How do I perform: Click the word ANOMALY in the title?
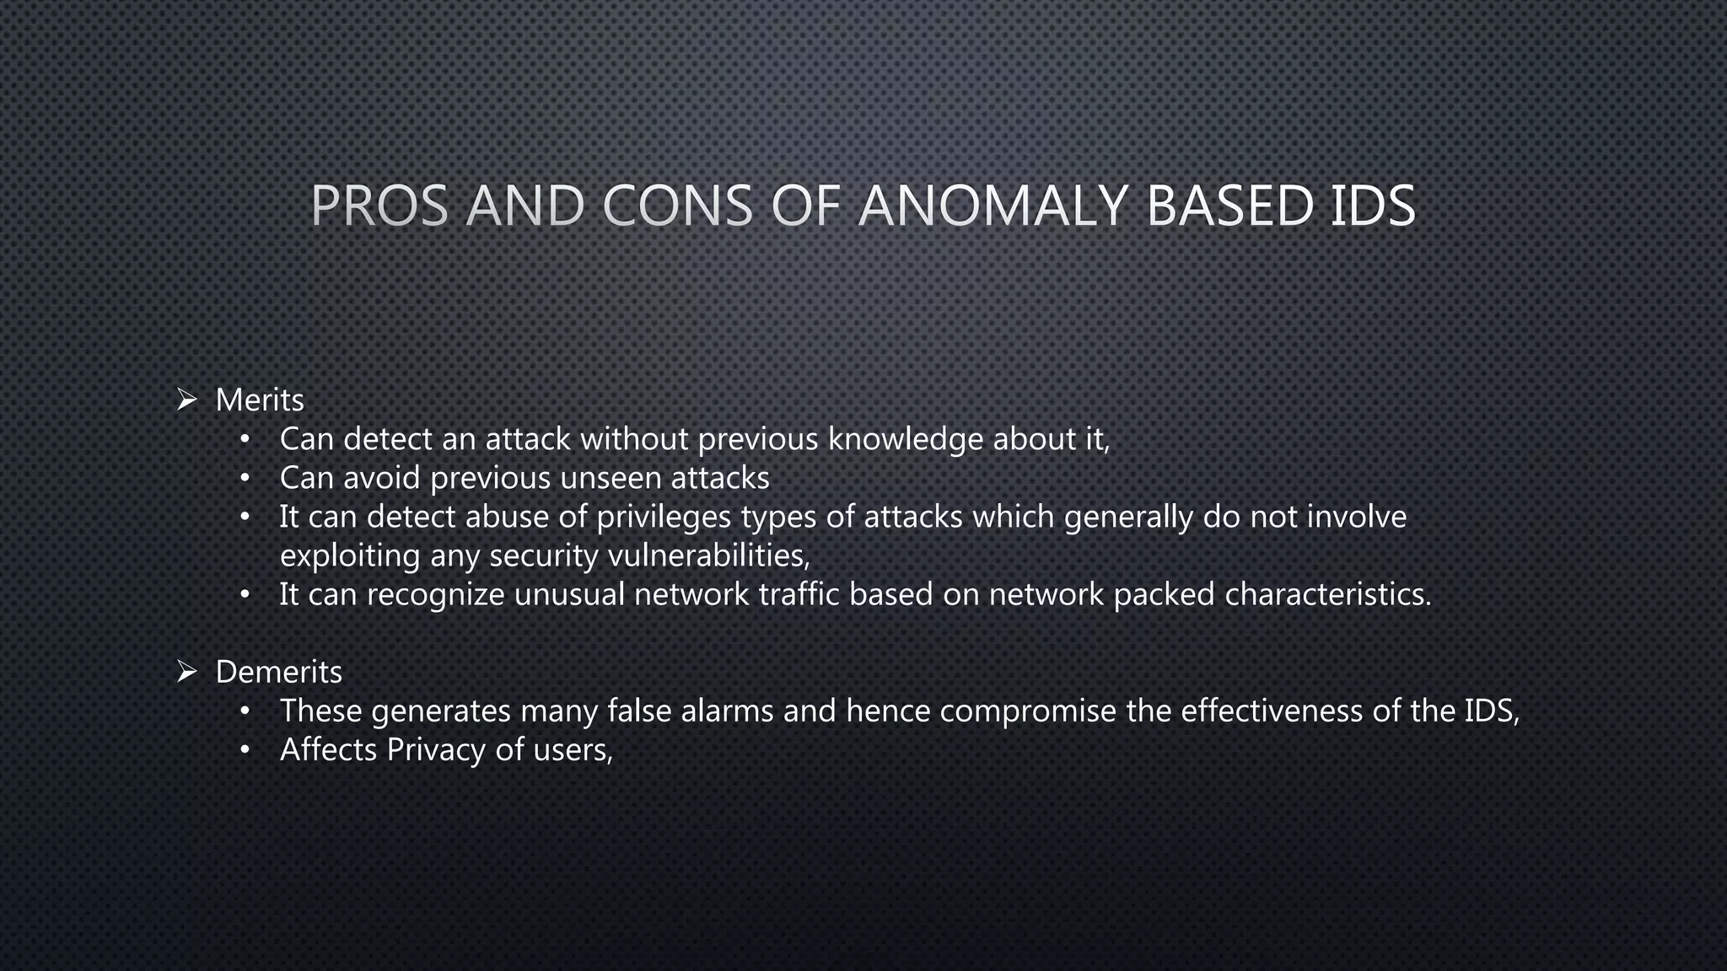993,207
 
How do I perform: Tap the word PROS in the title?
379,207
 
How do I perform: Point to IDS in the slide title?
1373,207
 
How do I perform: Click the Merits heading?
260,400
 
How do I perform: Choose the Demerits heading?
279,673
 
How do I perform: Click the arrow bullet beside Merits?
186,400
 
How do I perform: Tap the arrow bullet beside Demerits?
186,672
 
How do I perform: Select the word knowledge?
905,440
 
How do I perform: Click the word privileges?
664,518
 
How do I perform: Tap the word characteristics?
1328,595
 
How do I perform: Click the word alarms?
727,711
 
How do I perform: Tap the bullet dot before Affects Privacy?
245,750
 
